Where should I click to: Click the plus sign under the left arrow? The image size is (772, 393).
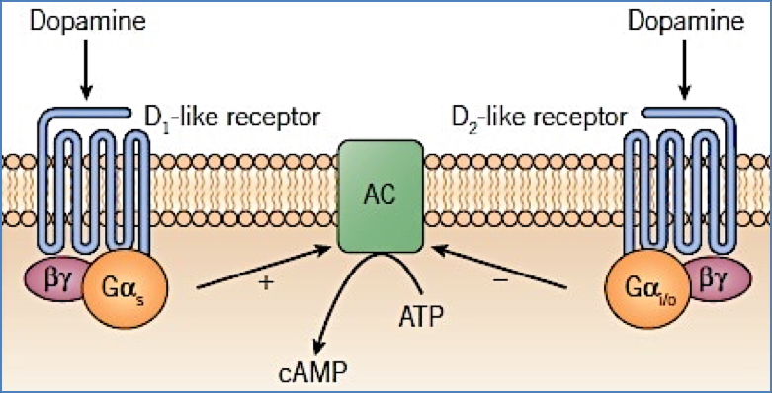pyautogui.click(x=264, y=282)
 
